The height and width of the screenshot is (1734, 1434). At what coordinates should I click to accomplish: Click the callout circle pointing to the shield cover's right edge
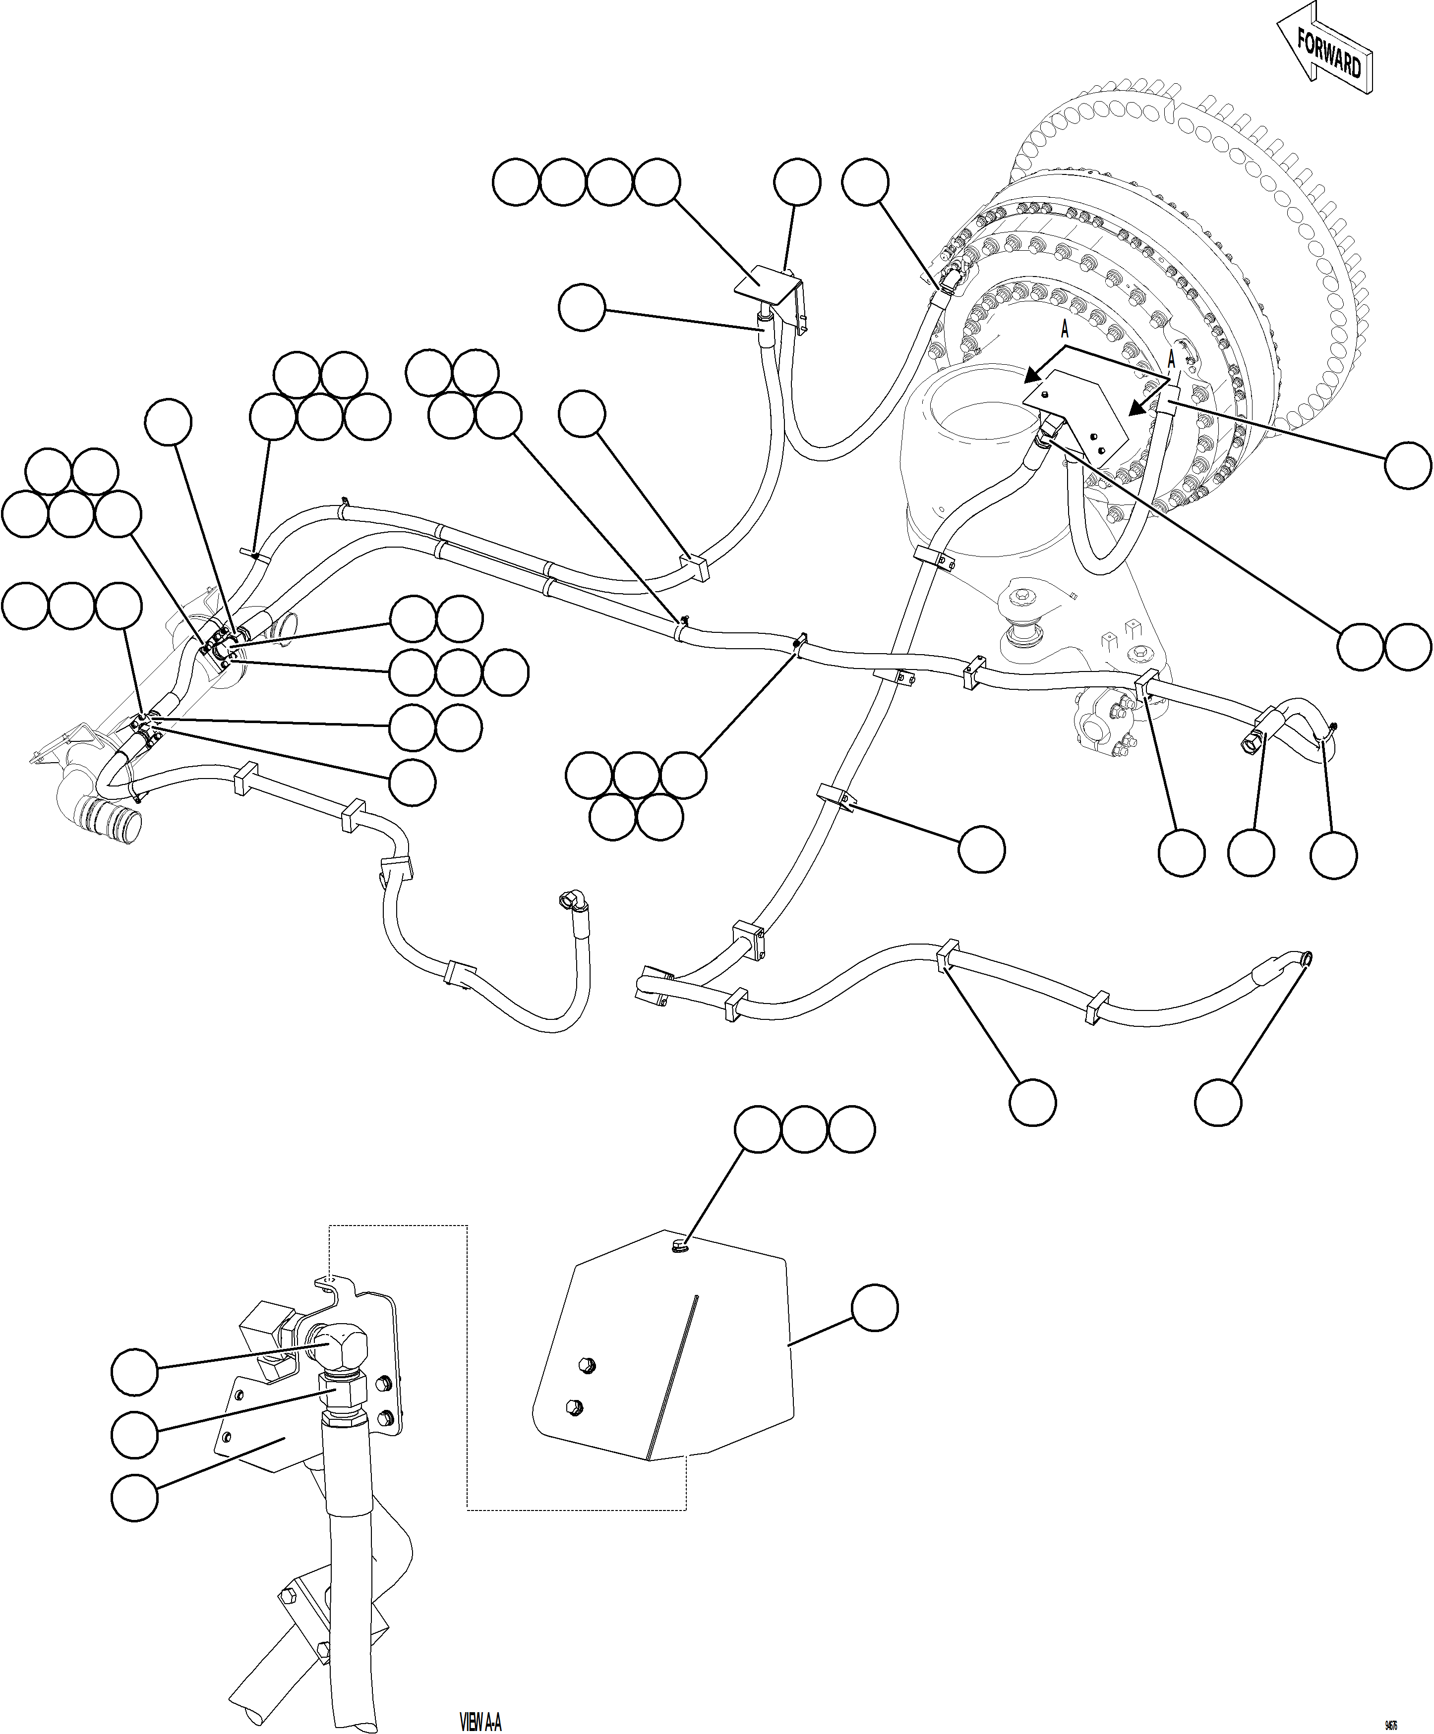874,1307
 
